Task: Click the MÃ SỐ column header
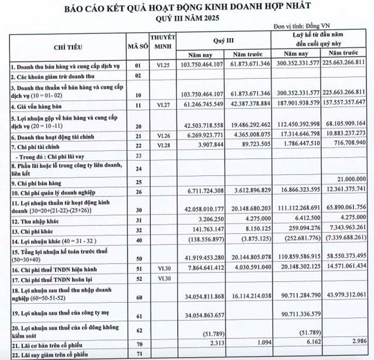[138, 44]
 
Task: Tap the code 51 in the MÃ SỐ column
[138, 270]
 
